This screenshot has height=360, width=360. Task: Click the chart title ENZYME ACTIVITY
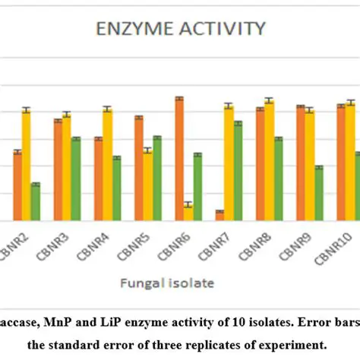(x=180, y=30)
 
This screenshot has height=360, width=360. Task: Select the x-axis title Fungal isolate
(x=166, y=283)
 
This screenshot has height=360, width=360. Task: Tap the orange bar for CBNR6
(x=179, y=159)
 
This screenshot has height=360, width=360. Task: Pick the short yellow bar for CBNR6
(x=188, y=213)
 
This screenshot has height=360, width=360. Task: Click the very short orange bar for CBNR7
(x=219, y=216)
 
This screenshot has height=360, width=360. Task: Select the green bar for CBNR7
(x=238, y=171)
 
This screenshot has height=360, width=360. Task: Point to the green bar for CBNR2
(x=36, y=202)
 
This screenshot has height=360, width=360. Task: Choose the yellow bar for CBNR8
(x=269, y=160)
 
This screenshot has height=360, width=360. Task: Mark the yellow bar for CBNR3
(x=67, y=167)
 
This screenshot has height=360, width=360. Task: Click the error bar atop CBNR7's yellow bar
(x=229, y=106)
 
